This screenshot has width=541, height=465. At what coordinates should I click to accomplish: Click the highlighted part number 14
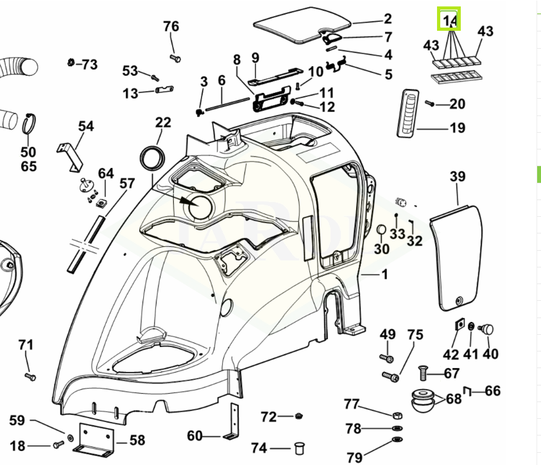tap(449, 19)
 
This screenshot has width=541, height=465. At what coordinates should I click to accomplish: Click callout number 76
tap(171, 27)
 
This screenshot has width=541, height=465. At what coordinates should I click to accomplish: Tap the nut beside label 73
tap(69, 62)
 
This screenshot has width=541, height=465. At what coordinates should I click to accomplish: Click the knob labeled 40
tap(488, 330)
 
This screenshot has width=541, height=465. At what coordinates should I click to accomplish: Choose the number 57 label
tap(127, 184)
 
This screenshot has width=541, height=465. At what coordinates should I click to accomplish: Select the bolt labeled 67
tap(423, 371)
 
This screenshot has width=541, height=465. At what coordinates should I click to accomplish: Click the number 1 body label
tap(384, 275)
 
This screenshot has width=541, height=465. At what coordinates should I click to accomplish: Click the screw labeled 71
tap(28, 375)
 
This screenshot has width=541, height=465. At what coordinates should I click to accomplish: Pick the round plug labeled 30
tap(380, 230)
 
